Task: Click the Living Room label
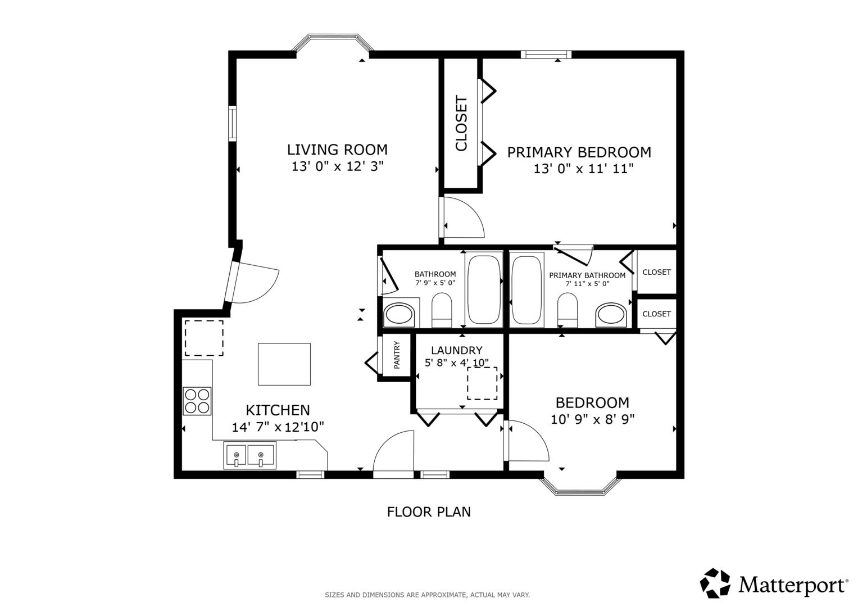(337, 150)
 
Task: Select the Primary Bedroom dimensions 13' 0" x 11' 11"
(583, 168)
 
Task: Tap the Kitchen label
(278, 410)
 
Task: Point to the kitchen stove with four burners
(197, 401)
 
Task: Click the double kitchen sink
(249, 455)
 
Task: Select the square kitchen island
(284, 364)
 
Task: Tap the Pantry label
(397, 355)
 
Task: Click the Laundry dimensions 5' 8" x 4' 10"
(456, 363)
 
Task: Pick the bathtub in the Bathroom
(484, 289)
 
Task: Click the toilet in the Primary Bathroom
(568, 310)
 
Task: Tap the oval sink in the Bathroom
(399, 314)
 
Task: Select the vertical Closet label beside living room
(461, 124)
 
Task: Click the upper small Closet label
(656, 272)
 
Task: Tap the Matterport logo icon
(715, 583)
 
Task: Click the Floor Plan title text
(429, 512)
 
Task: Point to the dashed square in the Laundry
(482, 383)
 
